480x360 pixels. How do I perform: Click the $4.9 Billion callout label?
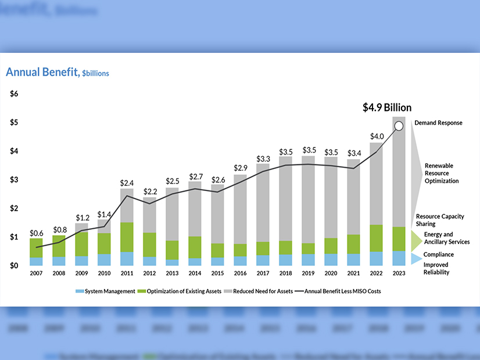386,107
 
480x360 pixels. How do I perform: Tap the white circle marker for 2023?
399,125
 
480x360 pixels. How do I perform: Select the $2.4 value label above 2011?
127,183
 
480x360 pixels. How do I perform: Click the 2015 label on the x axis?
217,273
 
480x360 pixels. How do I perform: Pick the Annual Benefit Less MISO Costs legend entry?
339,291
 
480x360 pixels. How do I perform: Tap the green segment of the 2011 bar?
127,237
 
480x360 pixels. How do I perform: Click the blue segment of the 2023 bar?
399,258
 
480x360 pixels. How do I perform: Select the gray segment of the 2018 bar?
285,197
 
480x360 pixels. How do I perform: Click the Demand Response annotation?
438,123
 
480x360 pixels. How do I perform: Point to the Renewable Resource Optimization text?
441,173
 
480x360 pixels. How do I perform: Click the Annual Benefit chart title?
57,73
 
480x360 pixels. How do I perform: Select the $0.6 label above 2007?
36,233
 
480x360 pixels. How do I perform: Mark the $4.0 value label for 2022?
376,136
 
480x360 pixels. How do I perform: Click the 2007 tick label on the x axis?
36,273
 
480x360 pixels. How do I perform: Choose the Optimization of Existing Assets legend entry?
183,291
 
